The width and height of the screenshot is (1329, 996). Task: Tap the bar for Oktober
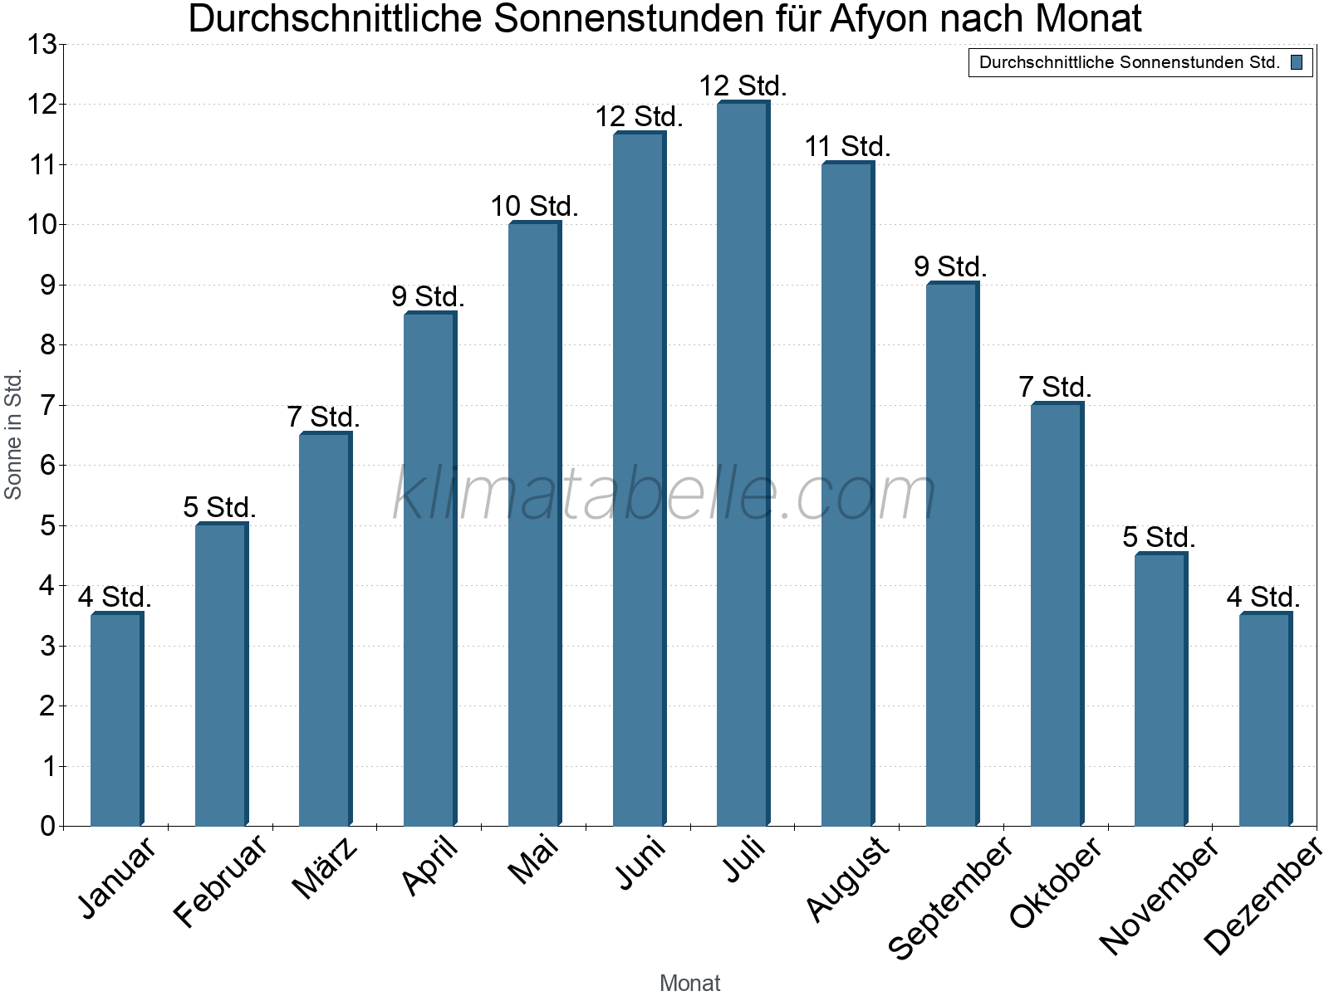click(x=1057, y=614)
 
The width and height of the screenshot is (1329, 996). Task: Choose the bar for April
click(x=430, y=569)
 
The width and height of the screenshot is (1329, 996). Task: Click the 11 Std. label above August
click(x=847, y=147)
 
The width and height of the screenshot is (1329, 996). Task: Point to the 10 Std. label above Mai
click(x=534, y=207)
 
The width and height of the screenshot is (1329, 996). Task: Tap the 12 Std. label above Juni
click(x=639, y=117)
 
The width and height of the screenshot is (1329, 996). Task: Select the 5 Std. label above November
click(x=1159, y=538)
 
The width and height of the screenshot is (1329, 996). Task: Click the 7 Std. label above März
click(x=324, y=417)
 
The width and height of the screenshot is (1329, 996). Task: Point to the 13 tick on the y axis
click(x=41, y=45)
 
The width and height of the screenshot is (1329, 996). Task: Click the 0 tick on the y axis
click(x=47, y=826)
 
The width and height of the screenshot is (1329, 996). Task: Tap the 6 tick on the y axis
click(x=47, y=466)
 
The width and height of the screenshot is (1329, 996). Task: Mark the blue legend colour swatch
click(x=1297, y=62)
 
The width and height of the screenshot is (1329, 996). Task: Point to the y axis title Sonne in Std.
click(x=13, y=434)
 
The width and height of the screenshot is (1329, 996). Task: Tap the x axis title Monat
click(x=689, y=983)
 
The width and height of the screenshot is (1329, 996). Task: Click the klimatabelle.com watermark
click(x=664, y=494)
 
